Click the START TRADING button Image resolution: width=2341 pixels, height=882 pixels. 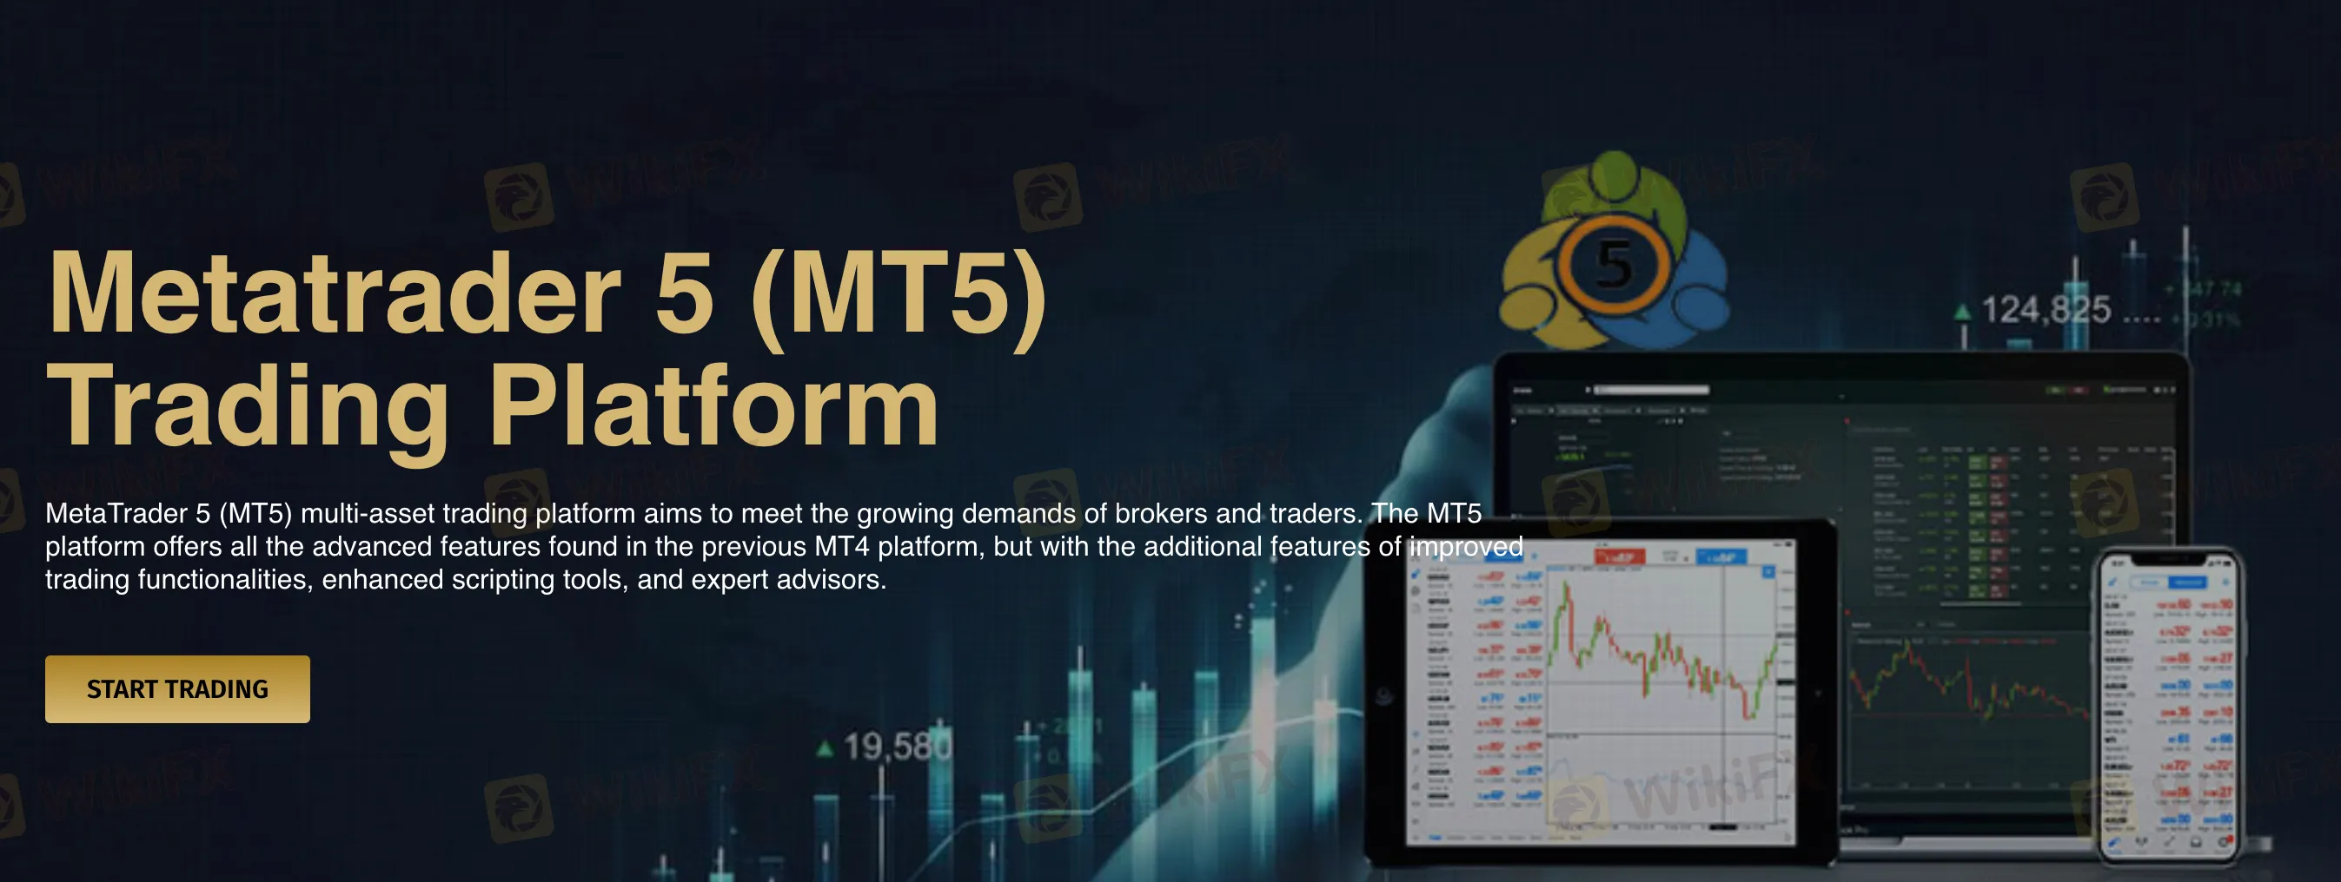click(x=177, y=688)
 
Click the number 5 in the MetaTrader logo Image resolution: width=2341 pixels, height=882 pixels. click(x=1614, y=266)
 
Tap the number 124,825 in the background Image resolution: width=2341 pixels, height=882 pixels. click(x=2046, y=310)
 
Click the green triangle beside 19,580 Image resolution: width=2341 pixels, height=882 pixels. click(x=826, y=749)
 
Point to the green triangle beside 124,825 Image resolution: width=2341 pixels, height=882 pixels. click(x=1962, y=313)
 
